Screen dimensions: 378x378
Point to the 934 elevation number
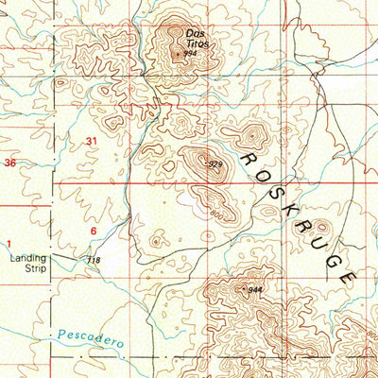(x=190, y=53)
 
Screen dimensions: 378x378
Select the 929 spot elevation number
(x=215, y=165)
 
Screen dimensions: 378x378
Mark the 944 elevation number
(x=254, y=288)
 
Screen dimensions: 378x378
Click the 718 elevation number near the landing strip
(x=93, y=260)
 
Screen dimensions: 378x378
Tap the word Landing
(x=27, y=257)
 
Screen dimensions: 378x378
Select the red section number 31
(x=91, y=141)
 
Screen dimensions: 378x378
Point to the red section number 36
(x=10, y=163)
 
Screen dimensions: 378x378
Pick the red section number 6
(x=94, y=231)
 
